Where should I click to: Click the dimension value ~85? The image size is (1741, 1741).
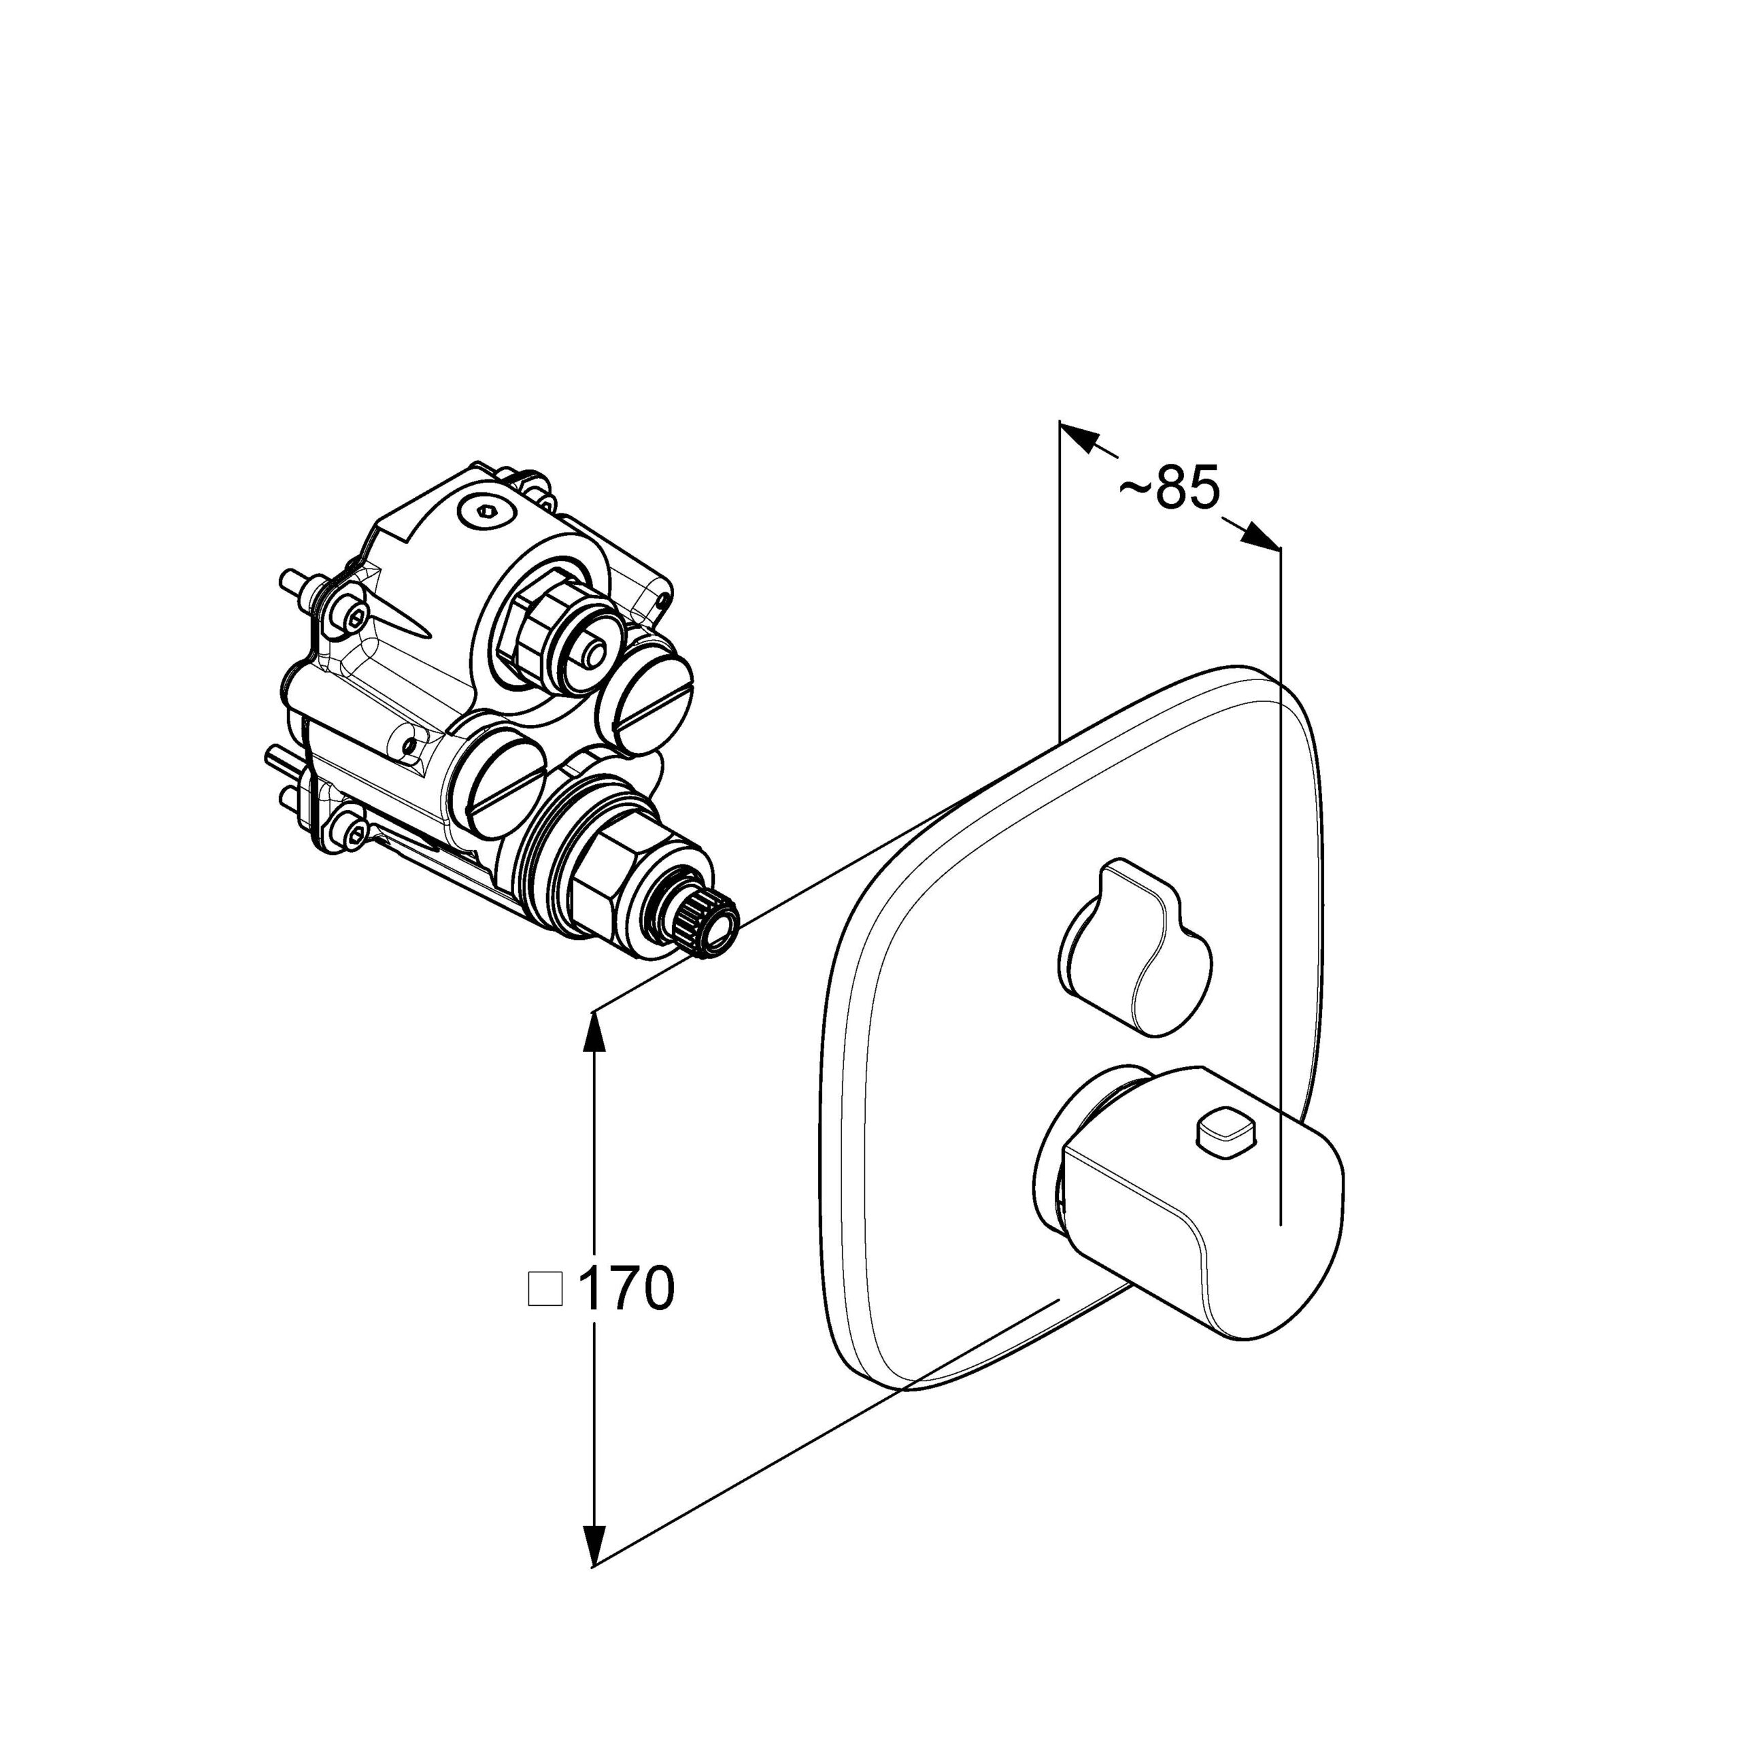(x=1169, y=488)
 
